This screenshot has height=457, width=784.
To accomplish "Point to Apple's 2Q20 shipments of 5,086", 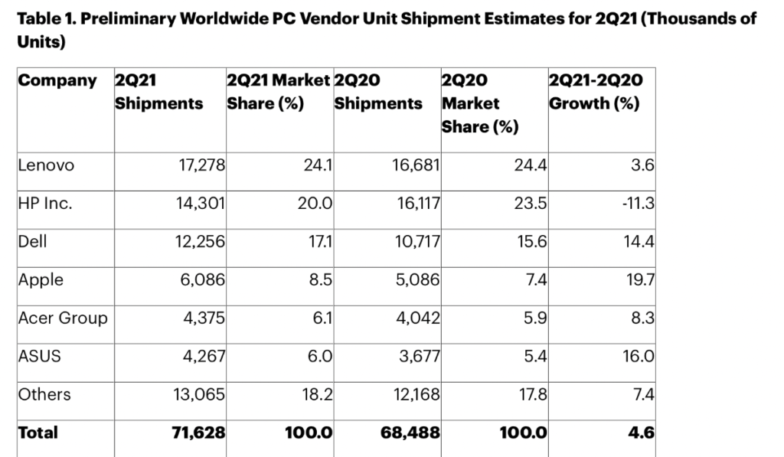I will click(x=414, y=279).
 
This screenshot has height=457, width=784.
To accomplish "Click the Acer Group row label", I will click(x=63, y=318).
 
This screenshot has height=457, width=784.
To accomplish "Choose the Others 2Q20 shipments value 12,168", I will click(x=411, y=394).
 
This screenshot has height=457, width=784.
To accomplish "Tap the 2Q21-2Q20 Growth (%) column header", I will click(x=596, y=92).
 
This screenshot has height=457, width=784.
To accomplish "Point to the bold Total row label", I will click(x=38, y=433).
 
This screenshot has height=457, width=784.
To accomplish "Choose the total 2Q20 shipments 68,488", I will click(x=410, y=433).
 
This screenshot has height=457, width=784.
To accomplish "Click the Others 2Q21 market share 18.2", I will click(x=316, y=394).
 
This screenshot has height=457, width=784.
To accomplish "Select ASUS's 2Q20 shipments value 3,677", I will click(x=414, y=356).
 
